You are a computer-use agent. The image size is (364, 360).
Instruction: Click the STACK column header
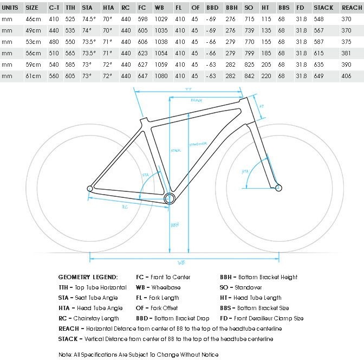pos(323,8)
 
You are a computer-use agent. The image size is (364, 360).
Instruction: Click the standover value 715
pos(249,19)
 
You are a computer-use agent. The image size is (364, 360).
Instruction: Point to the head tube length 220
pos(266,76)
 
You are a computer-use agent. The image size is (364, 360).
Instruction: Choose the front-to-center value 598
pos(142,19)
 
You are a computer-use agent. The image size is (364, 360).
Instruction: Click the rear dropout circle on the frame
pos(90,188)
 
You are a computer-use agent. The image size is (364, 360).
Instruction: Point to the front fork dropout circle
pos(278,188)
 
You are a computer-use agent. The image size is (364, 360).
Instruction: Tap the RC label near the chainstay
pos(124,206)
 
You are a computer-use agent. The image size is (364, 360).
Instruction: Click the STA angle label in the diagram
pos(145,175)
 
